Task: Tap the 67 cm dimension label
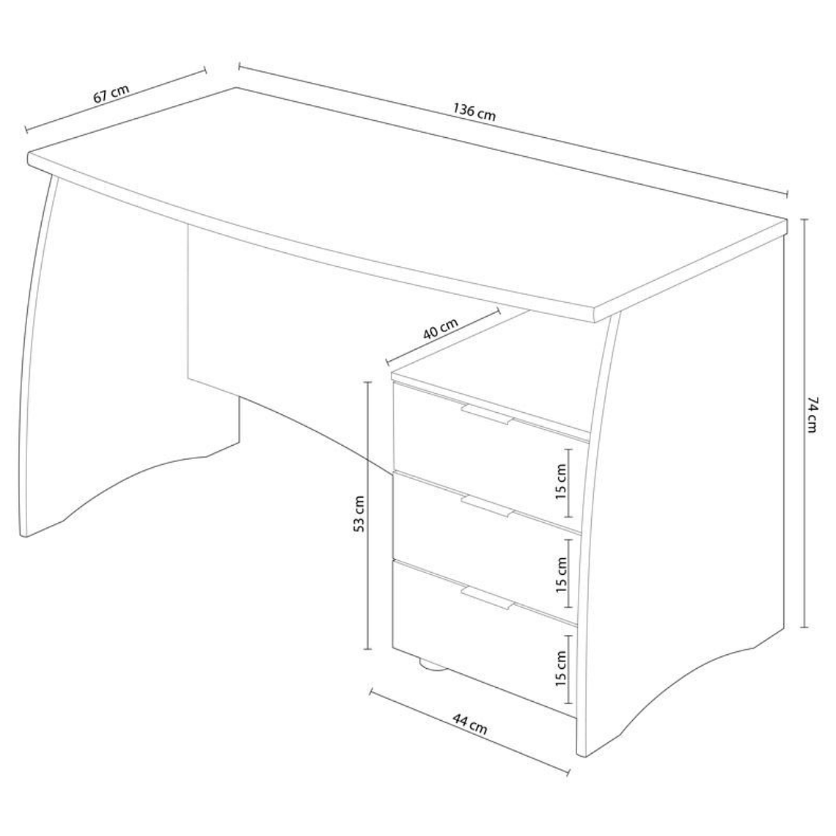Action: pyautogui.click(x=111, y=93)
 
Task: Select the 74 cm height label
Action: pyautogui.click(x=812, y=414)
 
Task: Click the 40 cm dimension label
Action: pyautogui.click(x=441, y=329)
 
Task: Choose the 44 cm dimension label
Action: pyautogui.click(x=470, y=725)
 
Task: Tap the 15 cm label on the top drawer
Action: pyautogui.click(x=561, y=481)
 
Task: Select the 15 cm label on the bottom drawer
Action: pyautogui.click(x=561, y=669)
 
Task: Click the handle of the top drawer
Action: pyautogui.click(x=488, y=414)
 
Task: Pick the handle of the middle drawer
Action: pyautogui.click(x=488, y=507)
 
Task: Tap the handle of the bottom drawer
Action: pyautogui.click(x=488, y=598)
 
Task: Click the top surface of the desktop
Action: pyautogui.click(x=406, y=197)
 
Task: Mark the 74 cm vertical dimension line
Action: pyautogui.click(x=806, y=423)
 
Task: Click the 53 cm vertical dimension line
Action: pyautogui.click(x=367, y=516)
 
